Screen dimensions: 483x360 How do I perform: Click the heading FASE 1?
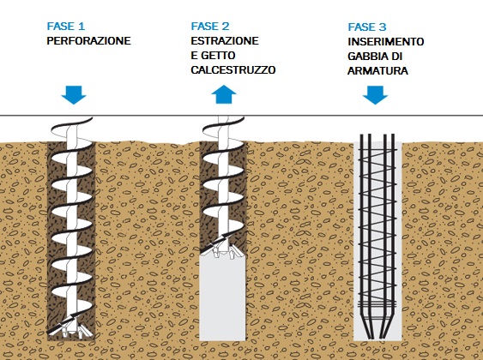pyautogui.click(x=65, y=27)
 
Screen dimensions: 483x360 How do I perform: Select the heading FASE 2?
pyautogui.click(x=210, y=27)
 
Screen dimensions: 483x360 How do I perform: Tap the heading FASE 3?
pyautogui.click(x=367, y=27)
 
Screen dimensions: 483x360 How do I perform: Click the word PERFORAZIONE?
pyautogui.click(x=88, y=41)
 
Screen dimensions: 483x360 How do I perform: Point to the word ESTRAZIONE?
pyautogui.click(x=225, y=41)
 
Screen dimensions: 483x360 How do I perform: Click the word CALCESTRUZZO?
pyautogui.click(x=233, y=70)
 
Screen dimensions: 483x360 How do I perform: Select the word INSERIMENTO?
pyautogui.click(x=386, y=42)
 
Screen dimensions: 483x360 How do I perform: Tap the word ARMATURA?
pyautogui.click(x=377, y=71)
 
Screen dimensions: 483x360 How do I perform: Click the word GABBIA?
pyautogui.click(x=366, y=57)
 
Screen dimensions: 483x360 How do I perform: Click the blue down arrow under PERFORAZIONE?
pyautogui.click(x=74, y=95)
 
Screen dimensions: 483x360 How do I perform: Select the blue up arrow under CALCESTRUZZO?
pyautogui.click(x=224, y=94)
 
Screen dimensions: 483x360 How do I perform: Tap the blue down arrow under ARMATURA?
pyautogui.click(x=375, y=95)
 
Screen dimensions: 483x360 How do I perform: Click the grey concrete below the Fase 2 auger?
pyautogui.click(x=222, y=297)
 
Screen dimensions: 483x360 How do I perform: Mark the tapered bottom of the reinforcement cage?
pyautogui.click(x=377, y=327)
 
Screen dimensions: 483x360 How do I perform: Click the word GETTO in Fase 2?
pyautogui.click(x=218, y=56)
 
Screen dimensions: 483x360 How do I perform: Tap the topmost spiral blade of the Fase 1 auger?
pyautogui.click(x=71, y=126)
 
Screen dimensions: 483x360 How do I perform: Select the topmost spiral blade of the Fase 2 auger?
pyautogui.click(x=224, y=124)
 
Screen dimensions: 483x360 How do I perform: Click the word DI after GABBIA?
pyautogui.click(x=396, y=57)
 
